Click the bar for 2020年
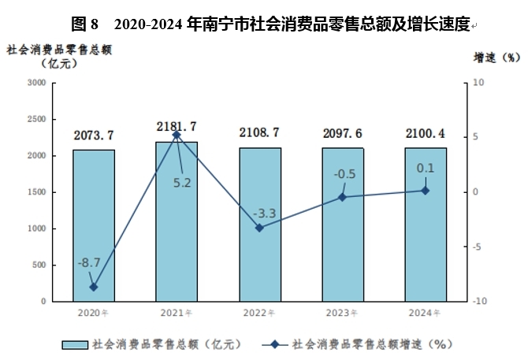pyautogui.click(x=94, y=225)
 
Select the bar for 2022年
pyautogui.click(x=260, y=225)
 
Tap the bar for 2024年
pyautogui.click(x=426, y=225)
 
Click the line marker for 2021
pyautogui.click(x=177, y=135)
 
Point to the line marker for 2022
pyautogui.click(x=260, y=228)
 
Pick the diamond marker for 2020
pyautogui.click(x=94, y=287)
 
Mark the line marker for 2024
pyautogui.click(x=426, y=191)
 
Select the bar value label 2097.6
pyautogui.click(x=343, y=133)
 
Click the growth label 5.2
pyautogui.click(x=183, y=184)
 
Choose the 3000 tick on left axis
pyautogui.click(x=37, y=83)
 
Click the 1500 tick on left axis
pyautogui.click(x=37, y=192)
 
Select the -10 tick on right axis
pyautogui.click(x=478, y=301)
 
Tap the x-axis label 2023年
pyautogui.click(x=343, y=313)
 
